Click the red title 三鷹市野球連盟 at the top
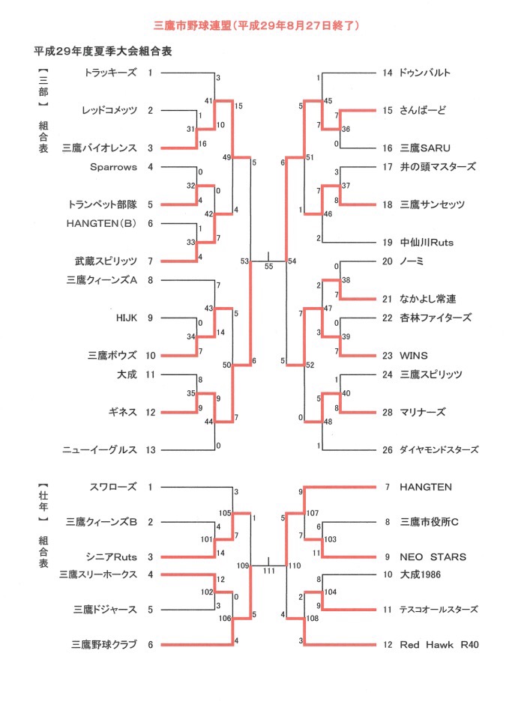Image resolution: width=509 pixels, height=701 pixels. click(x=193, y=25)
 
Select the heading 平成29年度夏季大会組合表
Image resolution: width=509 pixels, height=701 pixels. click(x=103, y=52)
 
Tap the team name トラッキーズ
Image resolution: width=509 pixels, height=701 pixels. click(x=110, y=73)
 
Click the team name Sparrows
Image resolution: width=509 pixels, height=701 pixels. click(x=113, y=167)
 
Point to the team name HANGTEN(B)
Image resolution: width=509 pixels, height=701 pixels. click(x=102, y=223)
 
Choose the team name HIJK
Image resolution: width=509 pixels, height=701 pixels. click(x=126, y=318)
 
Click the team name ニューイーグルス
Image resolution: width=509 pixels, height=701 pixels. click(x=100, y=450)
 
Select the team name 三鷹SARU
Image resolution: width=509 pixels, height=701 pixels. click(x=425, y=148)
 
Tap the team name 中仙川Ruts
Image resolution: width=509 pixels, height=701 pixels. click(x=427, y=243)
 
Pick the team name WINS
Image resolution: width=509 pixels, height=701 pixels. click(x=414, y=356)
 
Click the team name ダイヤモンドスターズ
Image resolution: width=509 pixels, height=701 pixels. click(x=439, y=450)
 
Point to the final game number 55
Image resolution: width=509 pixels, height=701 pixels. click(x=268, y=267)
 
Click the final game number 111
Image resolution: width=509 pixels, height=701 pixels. click(x=269, y=571)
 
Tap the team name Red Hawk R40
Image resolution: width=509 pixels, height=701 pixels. click(x=439, y=645)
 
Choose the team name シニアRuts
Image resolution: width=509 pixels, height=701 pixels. click(x=111, y=557)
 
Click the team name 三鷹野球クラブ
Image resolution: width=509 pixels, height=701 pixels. click(x=104, y=645)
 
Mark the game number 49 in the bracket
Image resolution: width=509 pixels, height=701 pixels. click(x=226, y=157)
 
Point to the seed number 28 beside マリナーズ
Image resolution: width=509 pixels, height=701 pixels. click(x=388, y=412)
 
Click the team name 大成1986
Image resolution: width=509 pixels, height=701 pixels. click(x=420, y=574)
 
